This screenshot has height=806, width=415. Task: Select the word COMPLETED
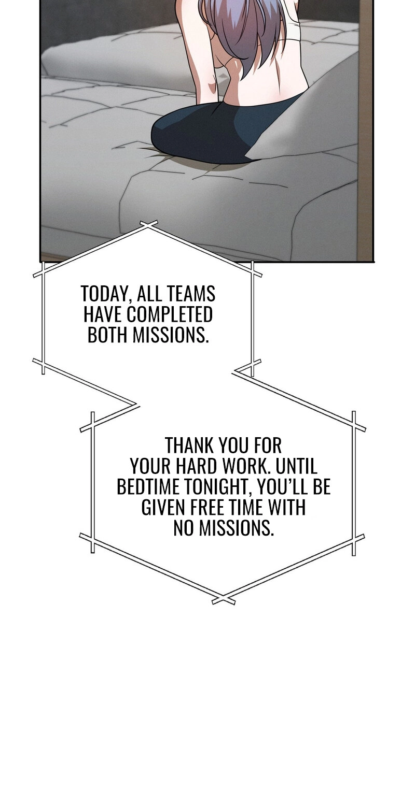coord(169,314)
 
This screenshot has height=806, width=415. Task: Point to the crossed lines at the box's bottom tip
coord(224,600)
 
